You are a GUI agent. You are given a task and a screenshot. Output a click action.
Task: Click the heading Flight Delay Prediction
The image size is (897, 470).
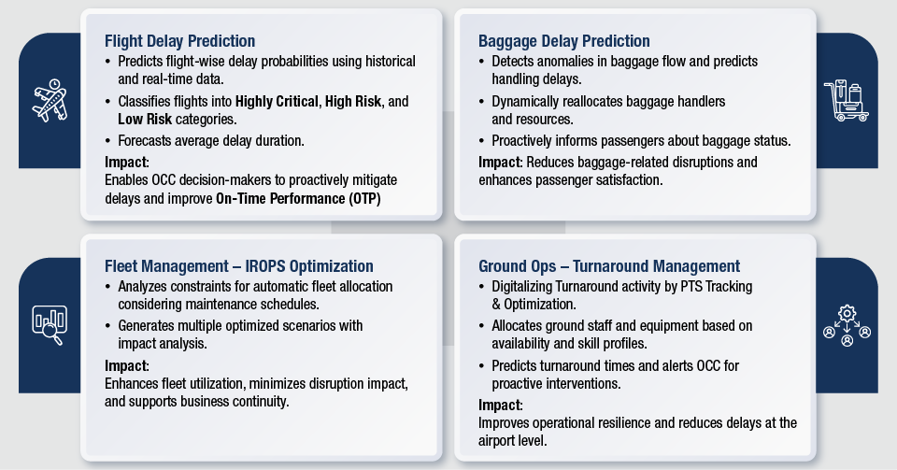pos(179,41)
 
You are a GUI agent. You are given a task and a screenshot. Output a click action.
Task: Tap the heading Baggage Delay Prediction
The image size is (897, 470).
pos(564,41)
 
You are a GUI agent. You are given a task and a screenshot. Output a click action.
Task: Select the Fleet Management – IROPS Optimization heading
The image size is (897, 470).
pos(238,266)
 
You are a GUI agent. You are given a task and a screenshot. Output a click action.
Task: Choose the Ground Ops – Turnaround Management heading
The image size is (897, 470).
pos(609,266)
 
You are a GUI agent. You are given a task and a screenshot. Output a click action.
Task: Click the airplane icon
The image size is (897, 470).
pos(50,101)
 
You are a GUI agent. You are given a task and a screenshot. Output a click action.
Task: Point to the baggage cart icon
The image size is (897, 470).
pos(847,101)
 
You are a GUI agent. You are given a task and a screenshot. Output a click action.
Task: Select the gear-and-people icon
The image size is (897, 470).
pos(847,325)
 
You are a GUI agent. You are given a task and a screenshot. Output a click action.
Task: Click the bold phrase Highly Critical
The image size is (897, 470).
pos(277,102)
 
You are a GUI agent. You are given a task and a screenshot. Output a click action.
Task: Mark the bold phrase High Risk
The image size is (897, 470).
pos(353,101)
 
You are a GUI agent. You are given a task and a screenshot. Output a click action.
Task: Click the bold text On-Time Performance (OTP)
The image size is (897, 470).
pos(298,198)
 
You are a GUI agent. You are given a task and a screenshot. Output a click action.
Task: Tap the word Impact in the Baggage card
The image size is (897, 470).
pos(499,163)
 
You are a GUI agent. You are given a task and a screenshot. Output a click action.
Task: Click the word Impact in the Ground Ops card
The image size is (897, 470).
pos(499,406)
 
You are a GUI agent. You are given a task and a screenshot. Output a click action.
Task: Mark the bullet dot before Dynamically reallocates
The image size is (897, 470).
pos(482,103)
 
